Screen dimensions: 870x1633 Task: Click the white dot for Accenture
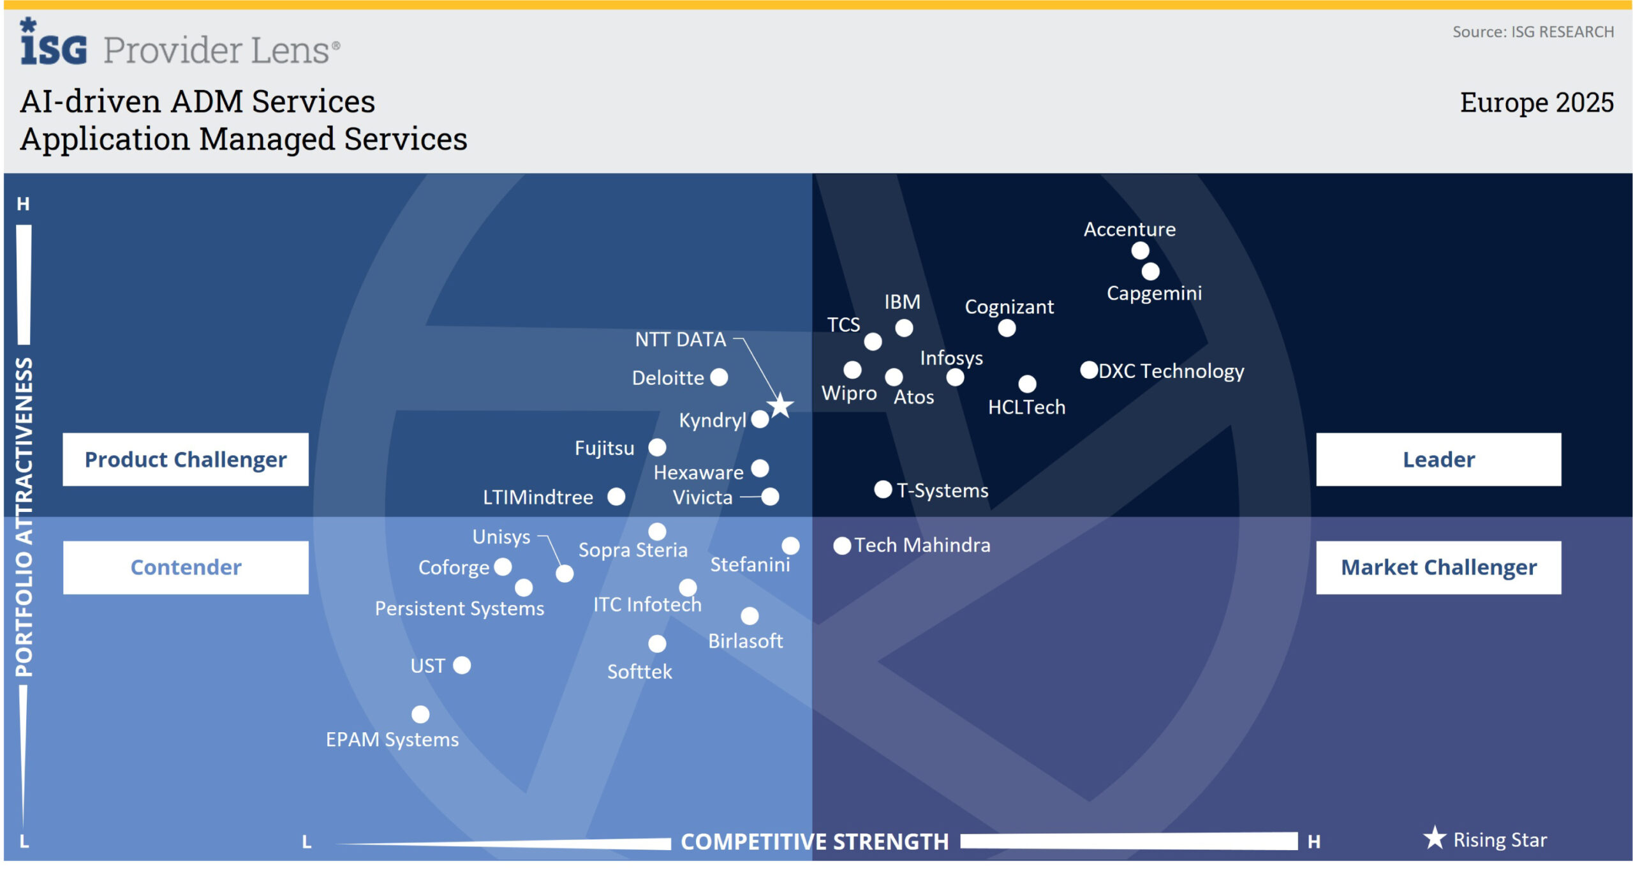[1140, 251]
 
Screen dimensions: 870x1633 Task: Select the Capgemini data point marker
[1150, 272]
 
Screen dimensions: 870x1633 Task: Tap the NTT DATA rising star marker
[780, 406]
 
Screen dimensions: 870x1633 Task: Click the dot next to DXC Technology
[1089, 370]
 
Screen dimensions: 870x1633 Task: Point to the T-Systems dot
[883, 490]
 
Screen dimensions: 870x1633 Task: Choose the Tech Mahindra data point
[842, 546]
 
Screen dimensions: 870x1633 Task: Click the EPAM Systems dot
[420, 715]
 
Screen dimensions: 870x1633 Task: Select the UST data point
[462, 666]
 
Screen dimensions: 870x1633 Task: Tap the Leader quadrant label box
[1438, 460]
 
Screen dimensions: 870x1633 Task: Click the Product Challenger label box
[186, 460]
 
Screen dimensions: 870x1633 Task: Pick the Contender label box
[186, 567]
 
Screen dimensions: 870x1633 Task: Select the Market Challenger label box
[1438, 567]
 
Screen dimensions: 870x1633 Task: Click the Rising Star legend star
[1435, 838]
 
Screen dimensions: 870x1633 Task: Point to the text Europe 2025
[1537, 102]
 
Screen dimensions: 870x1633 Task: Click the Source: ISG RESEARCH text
[1533, 32]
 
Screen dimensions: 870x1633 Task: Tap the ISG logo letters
[54, 47]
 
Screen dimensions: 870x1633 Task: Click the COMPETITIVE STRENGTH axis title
[815, 842]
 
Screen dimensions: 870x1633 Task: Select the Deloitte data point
[719, 377]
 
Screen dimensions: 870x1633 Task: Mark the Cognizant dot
[1007, 328]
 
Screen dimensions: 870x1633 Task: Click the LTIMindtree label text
[538, 497]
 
